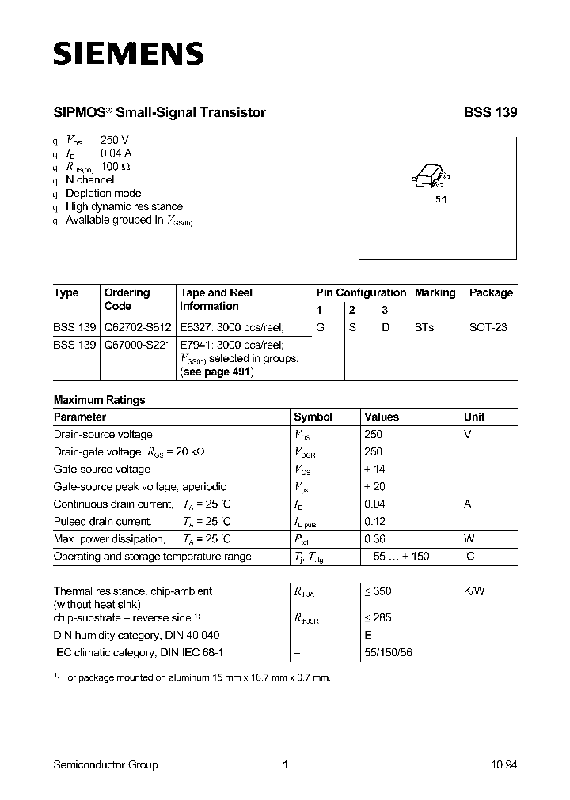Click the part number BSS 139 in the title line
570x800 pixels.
click(x=490, y=113)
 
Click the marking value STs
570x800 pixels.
click(x=424, y=327)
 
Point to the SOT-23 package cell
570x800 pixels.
click(x=488, y=327)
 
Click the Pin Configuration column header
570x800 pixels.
click(x=361, y=292)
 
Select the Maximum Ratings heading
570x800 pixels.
click(x=99, y=400)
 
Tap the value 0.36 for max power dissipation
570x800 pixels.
click(x=374, y=539)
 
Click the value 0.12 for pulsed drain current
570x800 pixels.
click(x=374, y=522)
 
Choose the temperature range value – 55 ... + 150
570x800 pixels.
click(x=397, y=557)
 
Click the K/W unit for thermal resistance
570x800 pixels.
click(x=475, y=591)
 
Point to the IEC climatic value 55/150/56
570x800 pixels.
click(x=388, y=652)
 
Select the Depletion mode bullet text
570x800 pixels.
click(x=103, y=194)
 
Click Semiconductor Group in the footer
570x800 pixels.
click(x=105, y=764)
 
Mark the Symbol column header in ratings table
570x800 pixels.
click(x=313, y=417)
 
